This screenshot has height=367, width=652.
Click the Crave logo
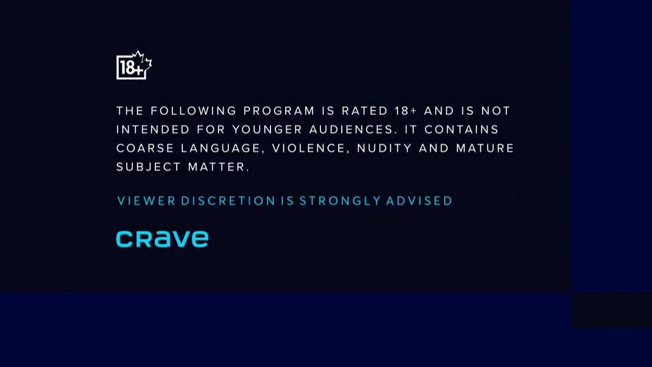pos(162,239)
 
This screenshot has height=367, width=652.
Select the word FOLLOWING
pos(193,111)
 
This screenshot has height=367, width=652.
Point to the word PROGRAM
pos(279,111)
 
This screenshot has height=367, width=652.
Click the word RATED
pos(365,111)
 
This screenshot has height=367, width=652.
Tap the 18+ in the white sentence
pos(406,111)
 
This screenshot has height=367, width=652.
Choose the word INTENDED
pos(153,129)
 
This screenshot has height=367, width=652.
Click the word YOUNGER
pos(267,129)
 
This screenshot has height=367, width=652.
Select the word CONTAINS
pos(461,129)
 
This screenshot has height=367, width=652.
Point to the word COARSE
pos(145,148)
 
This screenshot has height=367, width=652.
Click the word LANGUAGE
pos(223,148)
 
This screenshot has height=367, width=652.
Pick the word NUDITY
pos(384,148)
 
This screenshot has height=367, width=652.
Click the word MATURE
pos(485,148)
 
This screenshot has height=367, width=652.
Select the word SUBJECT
pos(149,167)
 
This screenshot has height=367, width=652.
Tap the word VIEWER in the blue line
pos(146,201)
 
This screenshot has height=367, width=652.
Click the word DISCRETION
pos(228,201)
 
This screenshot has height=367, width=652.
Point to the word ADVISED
pos(419,201)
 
